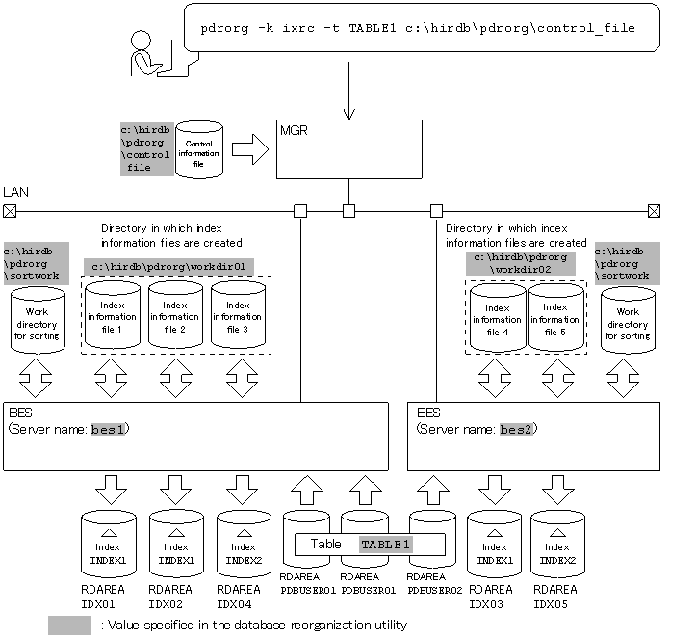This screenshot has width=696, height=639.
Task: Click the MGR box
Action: [x=348, y=148]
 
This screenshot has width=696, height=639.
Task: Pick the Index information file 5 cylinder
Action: [x=556, y=317]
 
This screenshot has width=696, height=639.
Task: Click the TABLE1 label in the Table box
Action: [x=385, y=545]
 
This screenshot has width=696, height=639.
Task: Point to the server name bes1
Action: [x=110, y=429]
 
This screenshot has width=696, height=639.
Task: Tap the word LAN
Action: [x=16, y=194]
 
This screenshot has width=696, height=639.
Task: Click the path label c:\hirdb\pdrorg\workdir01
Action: [x=168, y=266]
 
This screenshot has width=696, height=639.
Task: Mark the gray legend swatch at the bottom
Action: [x=69, y=625]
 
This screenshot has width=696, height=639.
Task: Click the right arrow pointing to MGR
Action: [x=248, y=150]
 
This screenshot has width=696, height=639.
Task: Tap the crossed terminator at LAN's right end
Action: [x=654, y=210]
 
